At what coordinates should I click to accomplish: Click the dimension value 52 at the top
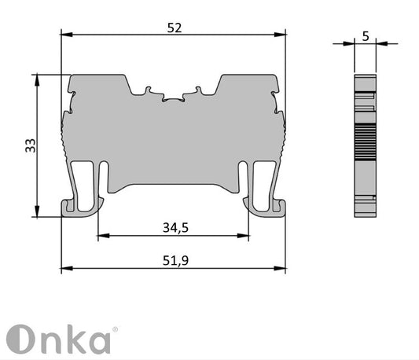coord(174,28)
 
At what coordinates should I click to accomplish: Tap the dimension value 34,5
coord(174,228)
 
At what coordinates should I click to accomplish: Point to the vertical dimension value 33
coord(30,145)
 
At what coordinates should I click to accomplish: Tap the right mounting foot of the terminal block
coord(265,206)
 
